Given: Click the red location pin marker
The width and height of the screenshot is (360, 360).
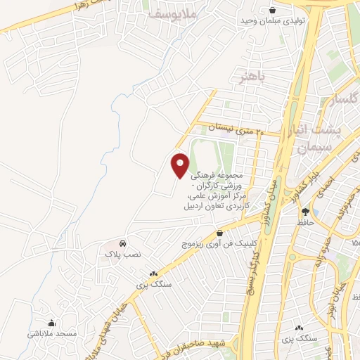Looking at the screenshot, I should [x=181, y=165].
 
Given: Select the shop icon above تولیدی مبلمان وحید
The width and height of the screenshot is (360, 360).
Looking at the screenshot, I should [x=273, y=10].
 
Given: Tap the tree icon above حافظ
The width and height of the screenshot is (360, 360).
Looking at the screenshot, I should [x=305, y=212].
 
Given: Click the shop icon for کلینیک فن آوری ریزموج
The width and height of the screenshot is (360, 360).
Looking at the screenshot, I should [x=220, y=233].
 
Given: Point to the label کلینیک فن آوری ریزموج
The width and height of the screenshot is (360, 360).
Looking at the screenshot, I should [x=213, y=244].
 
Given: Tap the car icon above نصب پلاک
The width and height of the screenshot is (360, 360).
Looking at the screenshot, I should [x=123, y=243].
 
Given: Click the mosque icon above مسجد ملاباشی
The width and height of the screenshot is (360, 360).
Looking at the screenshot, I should [x=50, y=323].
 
